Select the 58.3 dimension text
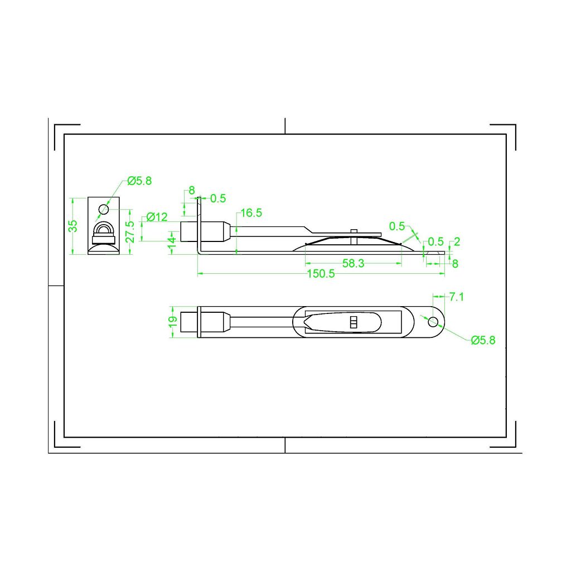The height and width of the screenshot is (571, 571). (353, 264)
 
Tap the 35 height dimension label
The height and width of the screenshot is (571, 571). (73, 226)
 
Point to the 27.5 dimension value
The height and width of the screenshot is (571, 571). (130, 231)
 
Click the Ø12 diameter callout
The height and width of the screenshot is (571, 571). (157, 217)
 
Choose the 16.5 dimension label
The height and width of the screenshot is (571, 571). (251, 212)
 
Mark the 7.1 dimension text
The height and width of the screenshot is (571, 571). (456, 297)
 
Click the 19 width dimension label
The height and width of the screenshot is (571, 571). (173, 322)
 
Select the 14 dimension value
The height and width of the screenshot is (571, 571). (172, 243)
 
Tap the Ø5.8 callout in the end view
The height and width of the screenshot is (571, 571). (139, 181)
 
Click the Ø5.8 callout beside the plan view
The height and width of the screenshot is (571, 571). (483, 340)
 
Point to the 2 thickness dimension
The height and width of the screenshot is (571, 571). (457, 241)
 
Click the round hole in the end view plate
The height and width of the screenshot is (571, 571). (103, 210)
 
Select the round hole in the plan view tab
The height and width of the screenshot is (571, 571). (433, 321)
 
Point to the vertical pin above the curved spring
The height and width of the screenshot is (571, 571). (354, 235)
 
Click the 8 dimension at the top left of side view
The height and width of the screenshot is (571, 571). (192, 190)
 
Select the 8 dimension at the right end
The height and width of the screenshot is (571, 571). (455, 264)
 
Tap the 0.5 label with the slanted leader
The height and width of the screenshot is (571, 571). (397, 226)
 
